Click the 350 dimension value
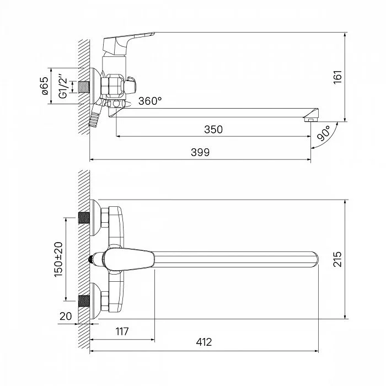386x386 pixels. [213, 129]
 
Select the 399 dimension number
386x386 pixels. [200, 152]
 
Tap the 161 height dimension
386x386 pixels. [337, 77]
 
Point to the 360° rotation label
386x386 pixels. [150, 101]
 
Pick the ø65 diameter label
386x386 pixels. [45, 86]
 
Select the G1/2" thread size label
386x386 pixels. [63, 85]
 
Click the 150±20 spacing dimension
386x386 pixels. [58, 259]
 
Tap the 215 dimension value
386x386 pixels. [337, 259]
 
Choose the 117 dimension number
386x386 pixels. [122, 331]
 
